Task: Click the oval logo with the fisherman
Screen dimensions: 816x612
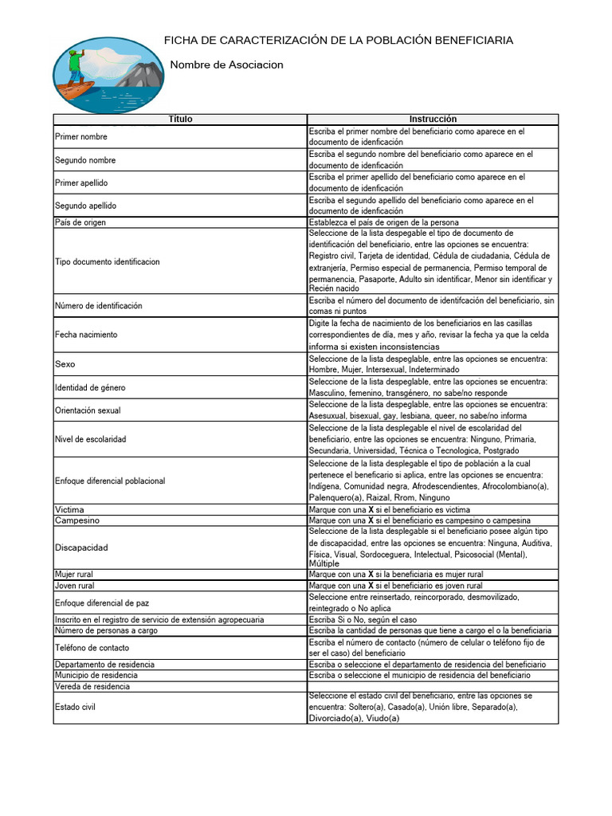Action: coord(108,74)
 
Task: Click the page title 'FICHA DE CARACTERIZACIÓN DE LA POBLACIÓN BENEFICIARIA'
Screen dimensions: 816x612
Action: coord(339,41)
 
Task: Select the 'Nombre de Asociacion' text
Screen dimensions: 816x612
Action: coord(227,65)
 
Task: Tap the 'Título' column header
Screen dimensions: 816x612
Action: coord(180,120)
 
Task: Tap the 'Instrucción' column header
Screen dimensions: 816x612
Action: coord(433,120)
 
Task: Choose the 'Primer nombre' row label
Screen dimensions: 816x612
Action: coord(81,137)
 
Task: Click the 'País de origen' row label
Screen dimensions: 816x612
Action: coord(80,222)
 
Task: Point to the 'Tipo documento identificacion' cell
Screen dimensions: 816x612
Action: coord(108,261)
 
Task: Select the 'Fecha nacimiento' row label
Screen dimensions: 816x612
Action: coord(86,335)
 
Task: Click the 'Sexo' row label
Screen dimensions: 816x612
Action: coord(65,364)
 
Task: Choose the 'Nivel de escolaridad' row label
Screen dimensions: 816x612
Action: coord(91,439)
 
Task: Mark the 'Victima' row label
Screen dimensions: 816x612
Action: coord(69,509)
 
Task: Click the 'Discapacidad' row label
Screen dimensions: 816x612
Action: coord(81,547)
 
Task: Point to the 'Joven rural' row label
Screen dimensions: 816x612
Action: coord(75,586)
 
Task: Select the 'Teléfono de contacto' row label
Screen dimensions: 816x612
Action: coord(92,648)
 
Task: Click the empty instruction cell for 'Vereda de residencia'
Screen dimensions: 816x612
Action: coord(433,686)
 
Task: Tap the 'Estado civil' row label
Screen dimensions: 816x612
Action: coord(76,706)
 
